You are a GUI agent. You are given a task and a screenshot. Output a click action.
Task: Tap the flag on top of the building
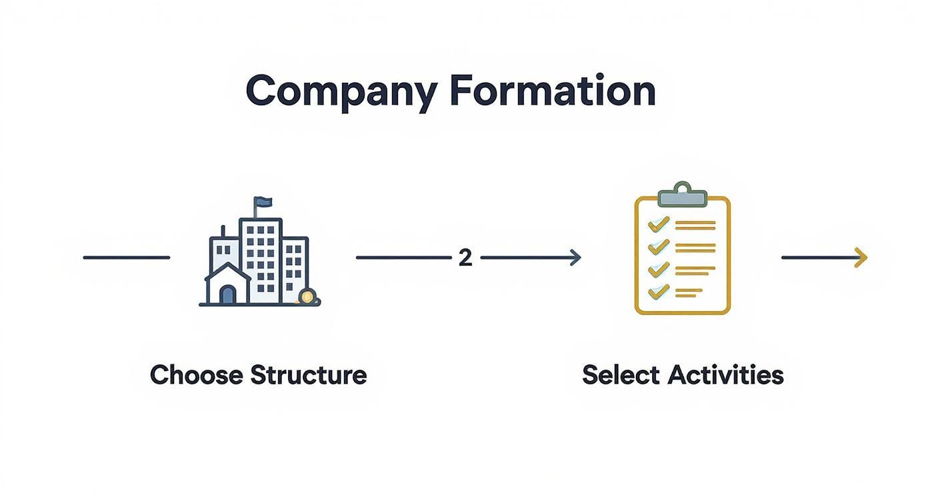click(263, 202)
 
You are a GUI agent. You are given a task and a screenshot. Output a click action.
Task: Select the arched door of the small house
click(227, 294)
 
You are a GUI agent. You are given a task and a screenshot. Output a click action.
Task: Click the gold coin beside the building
click(307, 296)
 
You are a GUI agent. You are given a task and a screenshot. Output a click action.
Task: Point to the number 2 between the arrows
click(465, 258)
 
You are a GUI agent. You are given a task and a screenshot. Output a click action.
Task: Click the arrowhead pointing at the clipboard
click(575, 258)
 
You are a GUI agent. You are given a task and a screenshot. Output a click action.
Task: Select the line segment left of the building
click(126, 257)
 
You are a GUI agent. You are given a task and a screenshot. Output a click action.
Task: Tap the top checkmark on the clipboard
click(659, 224)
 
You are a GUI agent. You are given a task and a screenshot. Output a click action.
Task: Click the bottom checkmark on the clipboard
click(659, 290)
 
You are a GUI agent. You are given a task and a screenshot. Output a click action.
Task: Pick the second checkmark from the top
click(659, 246)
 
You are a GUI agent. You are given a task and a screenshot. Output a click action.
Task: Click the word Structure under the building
click(308, 374)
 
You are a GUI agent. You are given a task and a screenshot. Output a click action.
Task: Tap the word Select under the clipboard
click(621, 374)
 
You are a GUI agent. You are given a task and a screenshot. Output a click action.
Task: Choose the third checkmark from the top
click(659, 268)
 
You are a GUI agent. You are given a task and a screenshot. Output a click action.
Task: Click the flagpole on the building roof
click(255, 210)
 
